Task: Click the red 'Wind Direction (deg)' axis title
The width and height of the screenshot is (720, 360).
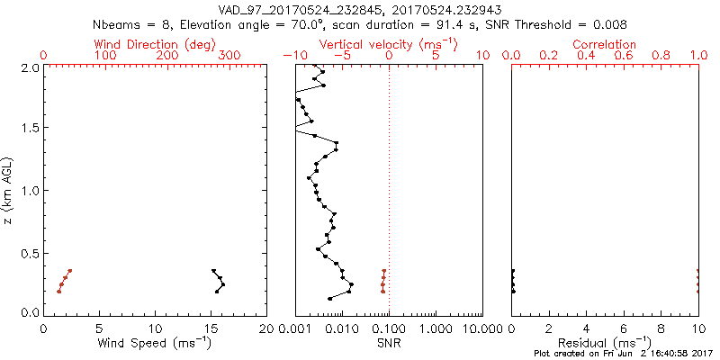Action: (x=156, y=44)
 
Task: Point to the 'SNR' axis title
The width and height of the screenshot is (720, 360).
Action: (x=389, y=343)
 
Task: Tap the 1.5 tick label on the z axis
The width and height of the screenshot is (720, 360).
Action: (x=30, y=129)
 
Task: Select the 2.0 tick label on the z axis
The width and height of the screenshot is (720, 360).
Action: (x=30, y=67)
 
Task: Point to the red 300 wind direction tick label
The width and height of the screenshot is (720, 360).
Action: (x=229, y=56)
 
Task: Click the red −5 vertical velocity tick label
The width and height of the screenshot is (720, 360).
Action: (x=341, y=56)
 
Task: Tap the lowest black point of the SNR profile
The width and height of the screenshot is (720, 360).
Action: (x=329, y=298)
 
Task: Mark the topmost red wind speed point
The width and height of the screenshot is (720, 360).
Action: (x=70, y=270)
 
